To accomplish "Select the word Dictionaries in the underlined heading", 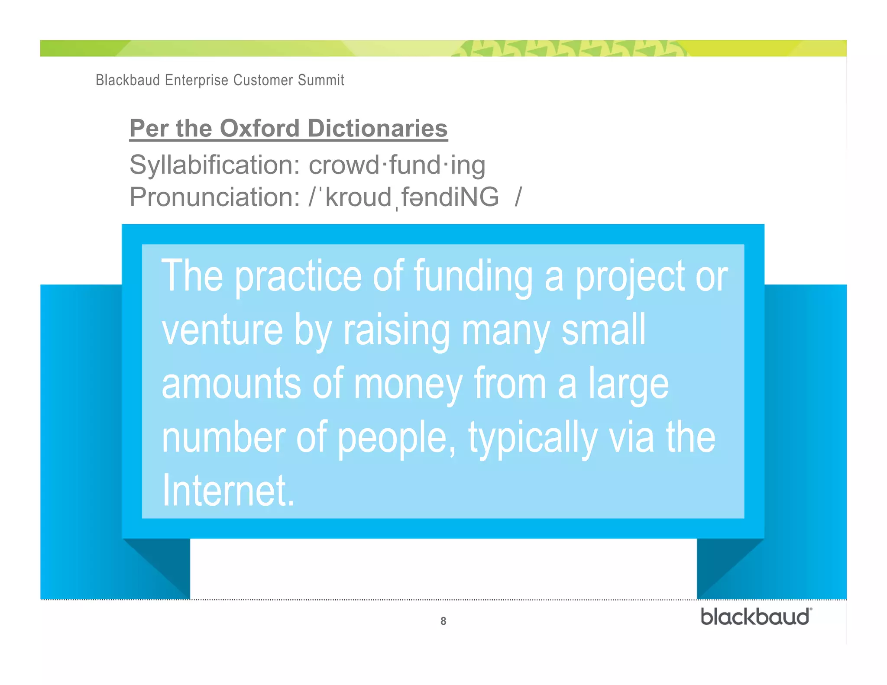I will [x=377, y=129].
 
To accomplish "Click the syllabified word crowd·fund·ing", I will [x=397, y=165].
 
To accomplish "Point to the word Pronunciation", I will [x=215, y=197].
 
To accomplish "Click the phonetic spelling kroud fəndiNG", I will [x=411, y=197].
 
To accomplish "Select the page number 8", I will [x=443, y=621].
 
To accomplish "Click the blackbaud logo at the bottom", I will [x=756, y=617].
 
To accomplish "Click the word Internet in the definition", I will [x=228, y=491].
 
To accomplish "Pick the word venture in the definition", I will [x=222, y=330].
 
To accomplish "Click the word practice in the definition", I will [x=298, y=276].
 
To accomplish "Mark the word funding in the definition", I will [x=473, y=276].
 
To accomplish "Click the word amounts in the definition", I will [x=231, y=384].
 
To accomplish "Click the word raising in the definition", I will [x=397, y=330].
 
